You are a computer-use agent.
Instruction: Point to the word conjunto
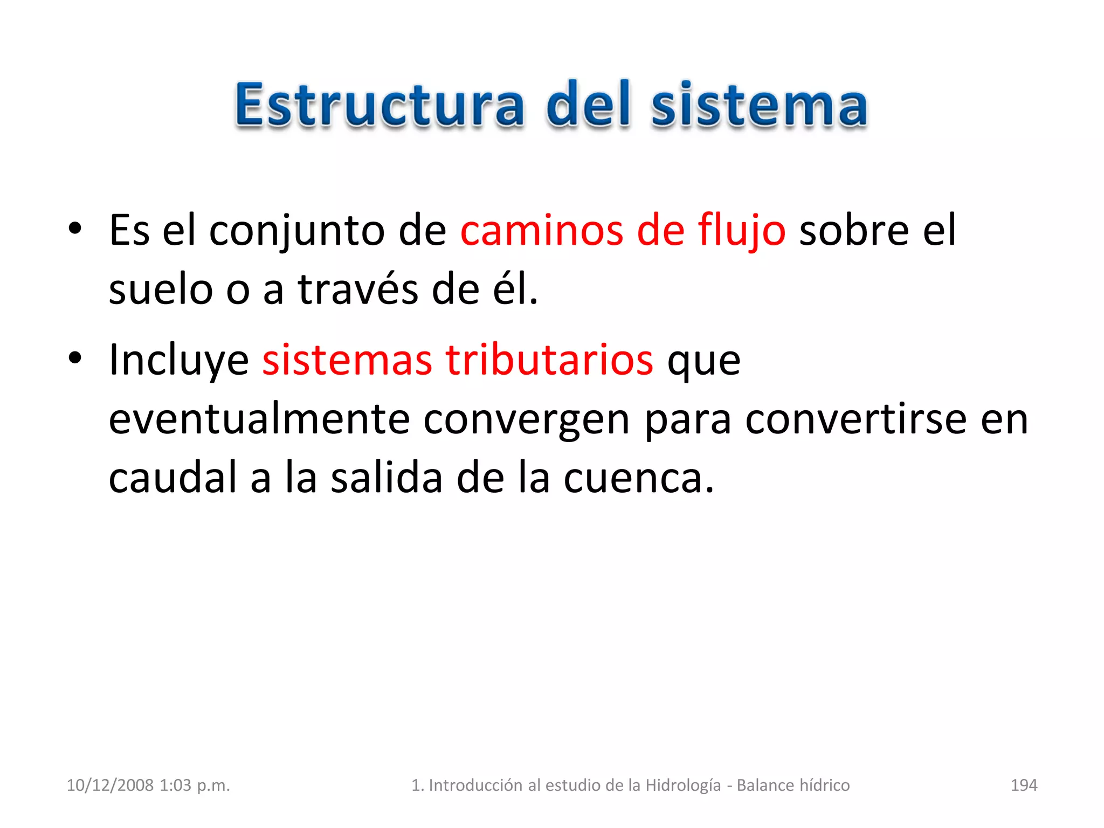[296, 231]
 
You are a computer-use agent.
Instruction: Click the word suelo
[160, 289]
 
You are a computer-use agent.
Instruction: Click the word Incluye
[178, 360]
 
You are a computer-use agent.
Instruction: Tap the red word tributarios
[549, 360]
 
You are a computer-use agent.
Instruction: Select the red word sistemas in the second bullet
[347, 360]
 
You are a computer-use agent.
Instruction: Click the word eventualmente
[259, 419]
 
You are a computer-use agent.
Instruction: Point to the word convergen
[526, 419]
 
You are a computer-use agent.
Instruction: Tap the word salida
[386, 478]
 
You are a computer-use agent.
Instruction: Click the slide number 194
[1024, 785]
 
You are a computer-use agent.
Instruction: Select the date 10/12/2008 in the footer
[110, 785]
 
